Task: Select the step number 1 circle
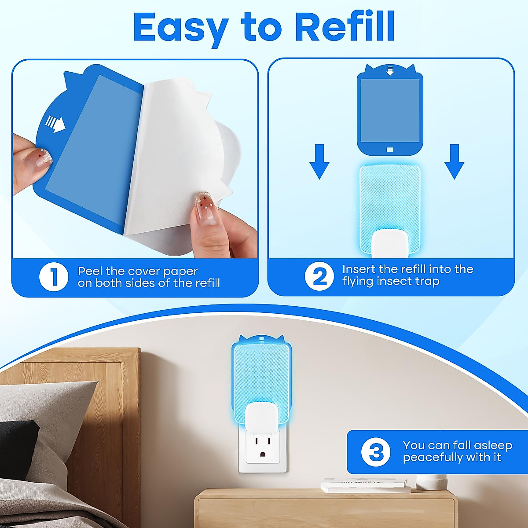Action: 54,277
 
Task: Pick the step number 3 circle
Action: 375,452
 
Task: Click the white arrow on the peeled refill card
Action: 55,124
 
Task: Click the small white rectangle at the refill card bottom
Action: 390,150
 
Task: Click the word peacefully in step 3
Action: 433,458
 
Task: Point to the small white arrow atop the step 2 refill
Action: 390,70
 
